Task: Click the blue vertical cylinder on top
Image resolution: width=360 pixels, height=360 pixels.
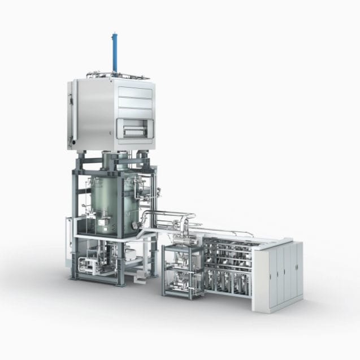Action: tap(115, 53)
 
